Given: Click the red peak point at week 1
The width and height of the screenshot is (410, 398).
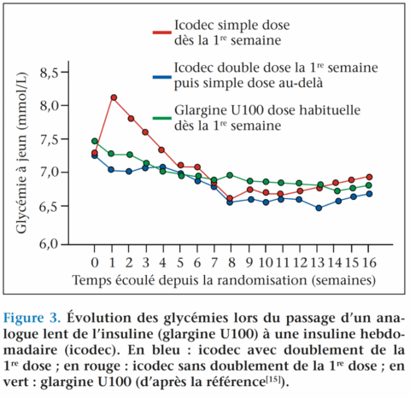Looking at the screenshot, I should pyautogui.click(x=114, y=97).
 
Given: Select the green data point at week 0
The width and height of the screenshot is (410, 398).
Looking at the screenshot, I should pyautogui.click(x=94, y=141).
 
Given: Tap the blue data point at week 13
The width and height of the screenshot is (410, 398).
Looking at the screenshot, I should pyautogui.click(x=319, y=208).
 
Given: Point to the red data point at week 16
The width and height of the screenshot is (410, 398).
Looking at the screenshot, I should pyautogui.click(x=368, y=177).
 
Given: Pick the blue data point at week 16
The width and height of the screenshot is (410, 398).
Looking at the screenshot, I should pyautogui.click(x=368, y=194).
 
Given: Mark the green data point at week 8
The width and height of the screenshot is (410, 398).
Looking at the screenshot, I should pyautogui.click(x=230, y=175).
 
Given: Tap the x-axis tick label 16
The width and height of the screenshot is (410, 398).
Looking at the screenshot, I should pyautogui.click(x=368, y=260).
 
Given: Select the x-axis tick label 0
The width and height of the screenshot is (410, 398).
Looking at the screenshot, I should pyautogui.click(x=94, y=260).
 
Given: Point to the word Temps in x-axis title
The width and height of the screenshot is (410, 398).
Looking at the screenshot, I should pyautogui.click(x=91, y=279).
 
